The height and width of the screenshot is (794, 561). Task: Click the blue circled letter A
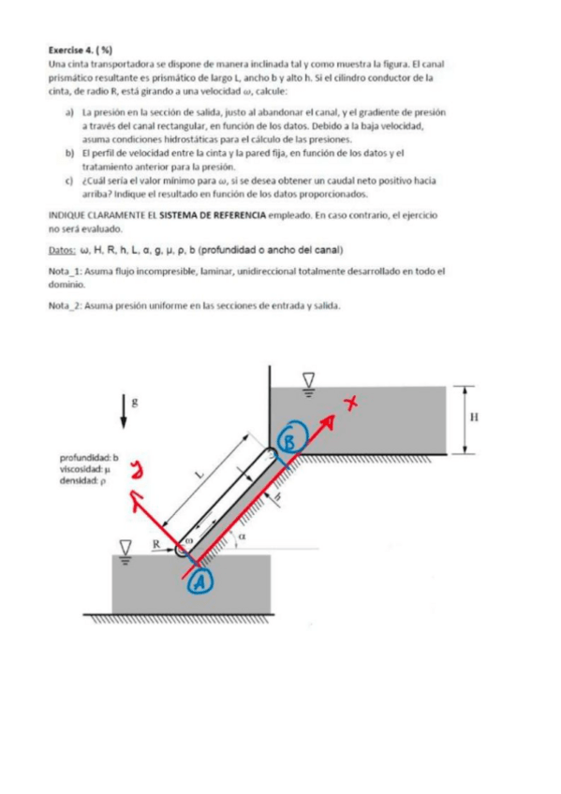click(199, 581)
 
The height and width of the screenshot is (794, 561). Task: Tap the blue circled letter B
click(291, 441)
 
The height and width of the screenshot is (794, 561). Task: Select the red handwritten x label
click(350, 403)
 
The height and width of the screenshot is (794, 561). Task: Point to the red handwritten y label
click(137, 469)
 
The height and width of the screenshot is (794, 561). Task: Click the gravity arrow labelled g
click(124, 411)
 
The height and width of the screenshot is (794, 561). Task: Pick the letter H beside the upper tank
click(474, 417)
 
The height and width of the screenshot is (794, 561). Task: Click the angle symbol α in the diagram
click(242, 536)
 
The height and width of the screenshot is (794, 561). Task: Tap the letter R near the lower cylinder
click(156, 543)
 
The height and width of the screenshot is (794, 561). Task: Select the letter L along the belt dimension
click(200, 475)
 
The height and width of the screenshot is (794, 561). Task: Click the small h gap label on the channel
click(277, 497)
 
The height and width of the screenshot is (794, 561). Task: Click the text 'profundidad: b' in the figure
click(89, 458)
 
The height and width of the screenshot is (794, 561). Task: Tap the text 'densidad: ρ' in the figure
click(82, 481)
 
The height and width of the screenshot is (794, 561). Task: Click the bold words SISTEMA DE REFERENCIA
click(213, 215)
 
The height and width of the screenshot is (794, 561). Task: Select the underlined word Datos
click(62, 250)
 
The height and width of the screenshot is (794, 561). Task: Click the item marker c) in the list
click(69, 181)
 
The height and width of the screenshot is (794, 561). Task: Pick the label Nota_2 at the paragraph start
click(66, 306)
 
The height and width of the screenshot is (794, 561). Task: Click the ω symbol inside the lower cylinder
click(189, 540)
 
